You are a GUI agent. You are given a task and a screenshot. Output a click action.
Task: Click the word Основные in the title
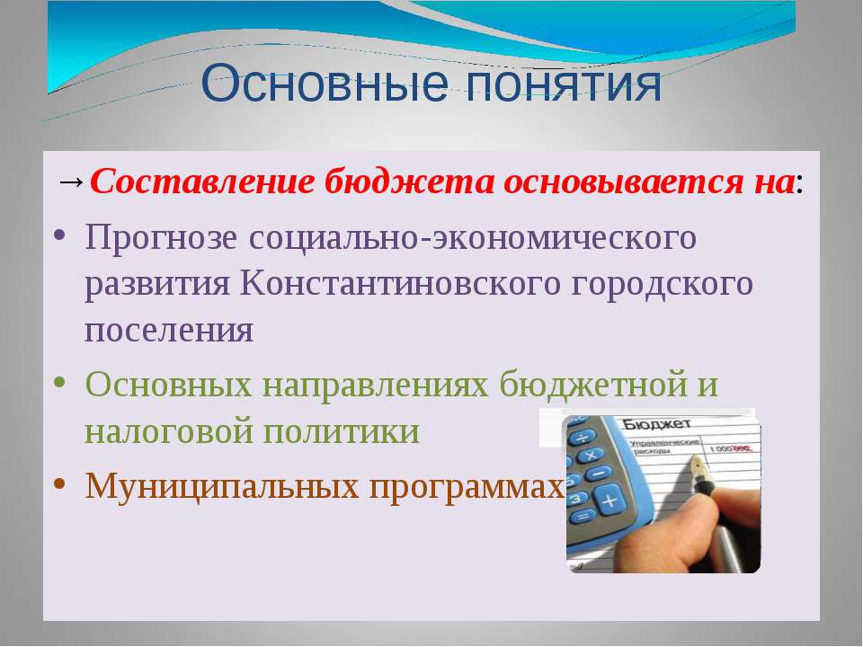pos(325,83)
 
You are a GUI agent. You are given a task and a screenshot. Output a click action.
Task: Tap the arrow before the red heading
pos(71,181)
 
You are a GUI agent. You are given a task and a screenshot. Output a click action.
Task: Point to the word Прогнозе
pos(161,237)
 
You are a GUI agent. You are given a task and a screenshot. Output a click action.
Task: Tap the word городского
pos(662,285)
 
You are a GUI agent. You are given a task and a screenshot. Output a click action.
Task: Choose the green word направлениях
pos(376,385)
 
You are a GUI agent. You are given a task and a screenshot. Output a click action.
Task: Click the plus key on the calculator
pos(609,501)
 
